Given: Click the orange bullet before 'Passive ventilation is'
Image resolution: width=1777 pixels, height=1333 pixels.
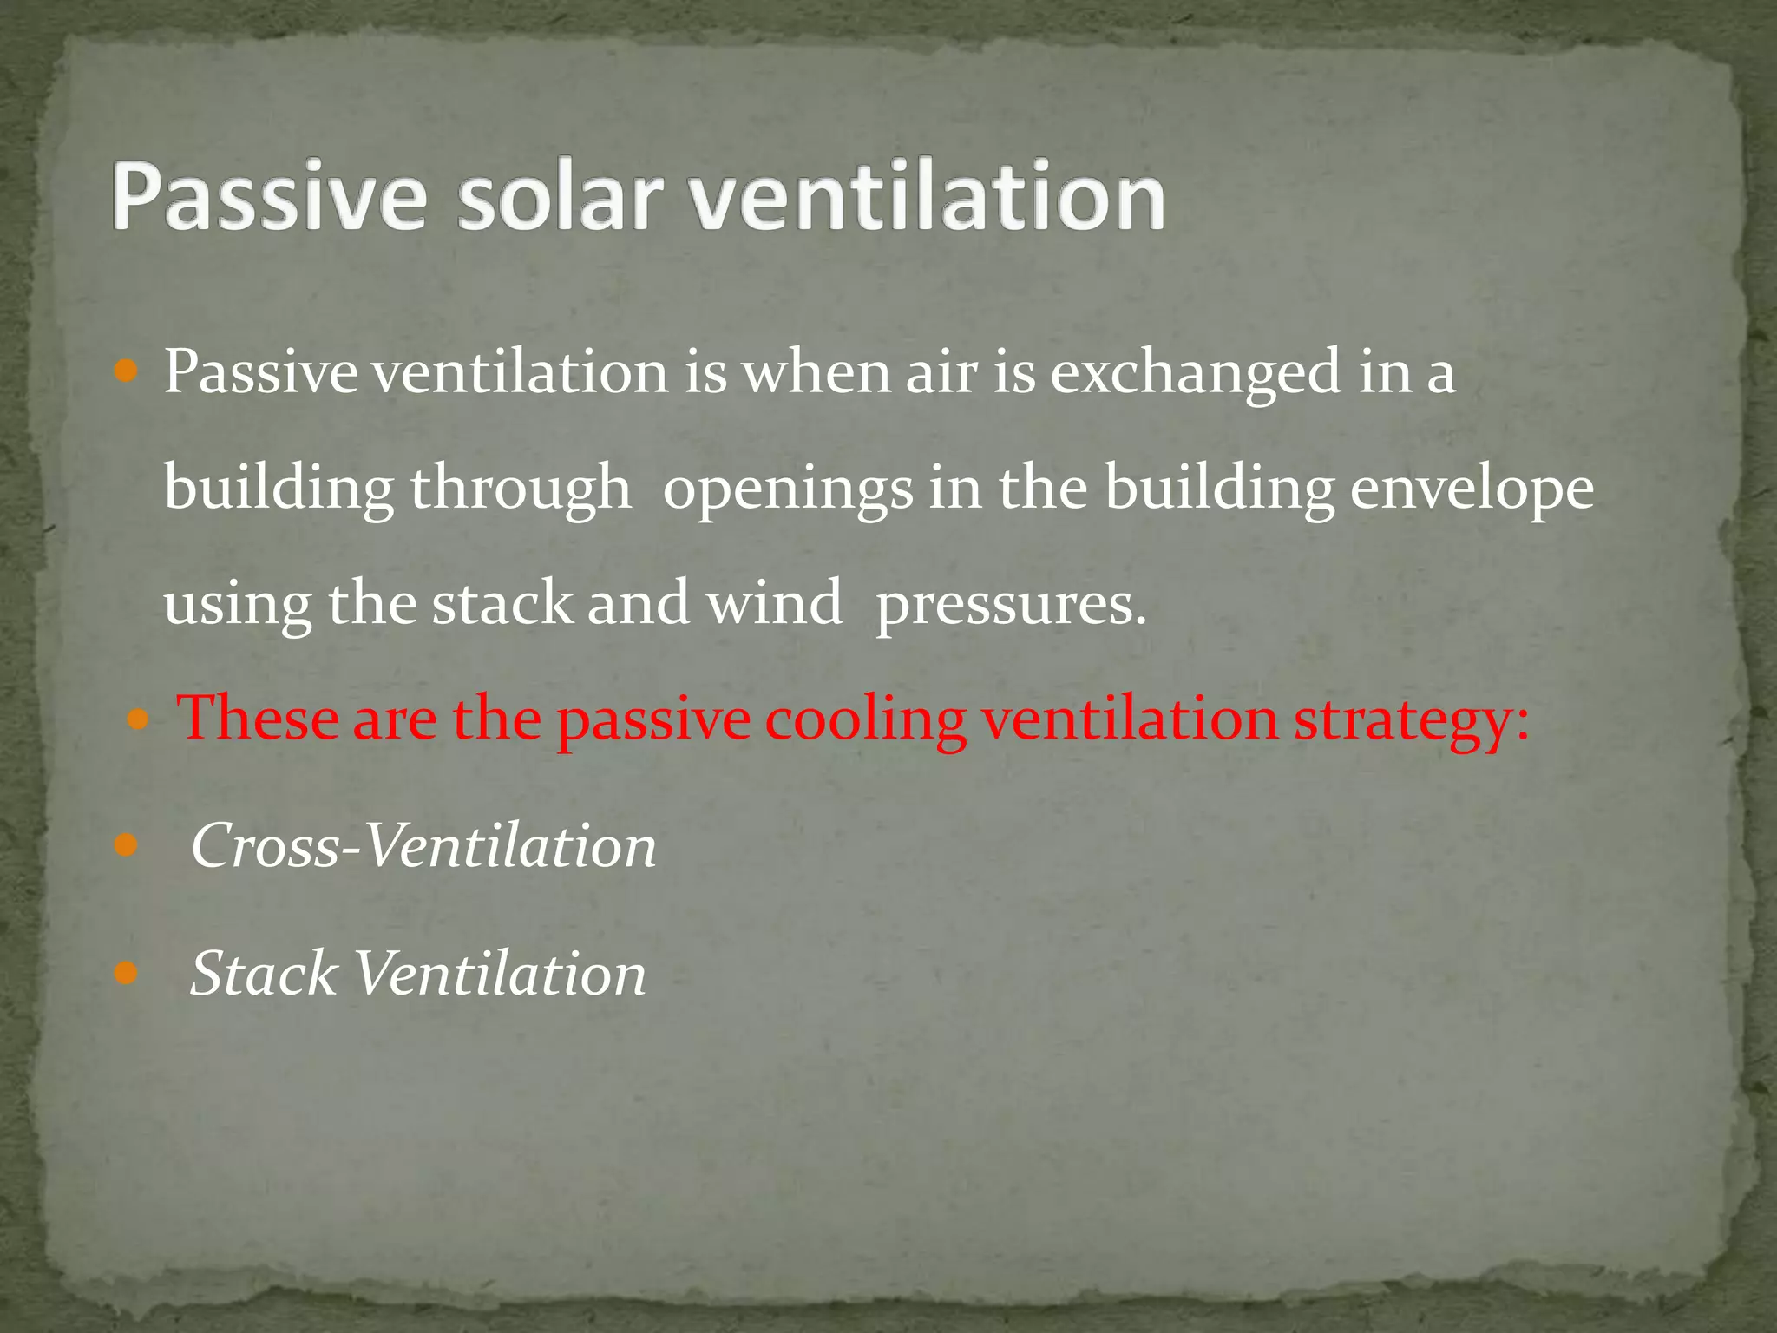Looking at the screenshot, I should pyautogui.click(x=127, y=372).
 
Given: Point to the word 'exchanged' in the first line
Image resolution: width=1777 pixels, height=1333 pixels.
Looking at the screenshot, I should pyautogui.click(x=1196, y=373).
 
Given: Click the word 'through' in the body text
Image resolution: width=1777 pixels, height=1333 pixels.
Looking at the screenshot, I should pyautogui.click(x=521, y=489).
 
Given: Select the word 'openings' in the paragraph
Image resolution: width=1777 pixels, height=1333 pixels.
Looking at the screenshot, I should pyautogui.click(x=788, y=489).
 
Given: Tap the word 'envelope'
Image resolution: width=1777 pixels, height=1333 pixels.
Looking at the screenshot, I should pyautogui.click(x=1472, y=489).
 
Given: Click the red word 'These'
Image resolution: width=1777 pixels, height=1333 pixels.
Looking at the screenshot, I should pyautogui.click(x=258, y=719).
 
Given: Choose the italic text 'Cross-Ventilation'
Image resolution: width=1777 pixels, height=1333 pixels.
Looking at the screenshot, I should pyautogui.click(x=423, y=846).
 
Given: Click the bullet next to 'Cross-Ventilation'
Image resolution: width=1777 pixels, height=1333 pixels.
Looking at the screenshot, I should pyautogui.click(x=127, y=844).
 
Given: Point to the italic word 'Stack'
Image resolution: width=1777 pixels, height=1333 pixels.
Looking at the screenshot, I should pyautogui.click(x=263, y=973).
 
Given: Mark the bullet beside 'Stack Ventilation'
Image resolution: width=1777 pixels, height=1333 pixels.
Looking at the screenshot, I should pyautogui.click(x=127, y=973).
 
